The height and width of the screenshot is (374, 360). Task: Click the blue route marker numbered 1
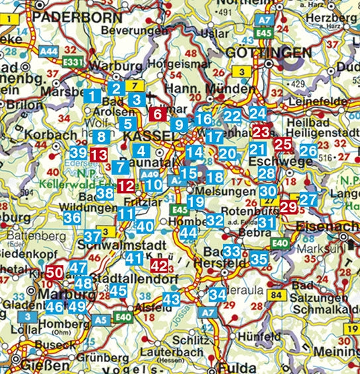(x=93, y=96)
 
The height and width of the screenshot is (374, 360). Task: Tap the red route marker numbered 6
(x=157, y=113)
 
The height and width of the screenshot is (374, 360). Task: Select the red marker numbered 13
(x=98, y=155)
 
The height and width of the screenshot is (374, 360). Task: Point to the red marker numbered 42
(x=159, y=266)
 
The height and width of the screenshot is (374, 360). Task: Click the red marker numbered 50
(x=55, y=271)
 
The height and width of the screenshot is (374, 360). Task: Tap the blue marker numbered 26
(x=307, y=151)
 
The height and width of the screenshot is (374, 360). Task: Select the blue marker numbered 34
(x=217, y=294)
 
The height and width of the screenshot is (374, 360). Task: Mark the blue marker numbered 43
(x=171, y=300)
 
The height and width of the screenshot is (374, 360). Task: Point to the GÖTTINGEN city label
(x=268, y=52)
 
